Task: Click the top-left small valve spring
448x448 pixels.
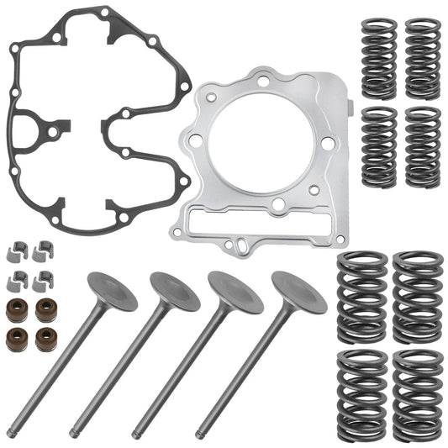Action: point(379,56)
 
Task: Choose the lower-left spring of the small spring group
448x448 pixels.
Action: point(379,145)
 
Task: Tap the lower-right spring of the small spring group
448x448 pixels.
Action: point(422,145)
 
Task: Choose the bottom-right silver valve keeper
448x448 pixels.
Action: point(42,279)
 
